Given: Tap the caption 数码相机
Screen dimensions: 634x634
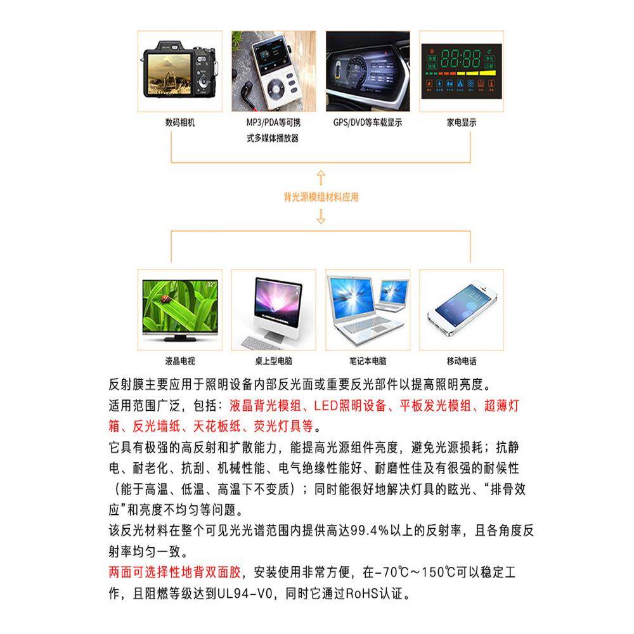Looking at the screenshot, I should tap(179, 122).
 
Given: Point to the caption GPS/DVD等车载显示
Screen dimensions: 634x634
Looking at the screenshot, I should tap(368, 122).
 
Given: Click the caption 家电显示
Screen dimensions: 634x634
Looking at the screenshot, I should tap(461, 122).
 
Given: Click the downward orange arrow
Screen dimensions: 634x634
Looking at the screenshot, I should tap(321, 217).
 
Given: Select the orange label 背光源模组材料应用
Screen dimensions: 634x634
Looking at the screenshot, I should tap(321, 197).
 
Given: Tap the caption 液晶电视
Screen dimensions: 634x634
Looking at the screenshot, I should tap(179, 361).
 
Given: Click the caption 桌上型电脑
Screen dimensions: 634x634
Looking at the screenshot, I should tap(273, 361).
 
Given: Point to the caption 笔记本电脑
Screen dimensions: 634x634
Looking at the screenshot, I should tap(368, 361).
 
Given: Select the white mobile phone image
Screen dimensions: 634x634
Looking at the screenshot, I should tap(461, 311).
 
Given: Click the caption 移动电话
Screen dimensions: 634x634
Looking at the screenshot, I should tap(461, 361).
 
